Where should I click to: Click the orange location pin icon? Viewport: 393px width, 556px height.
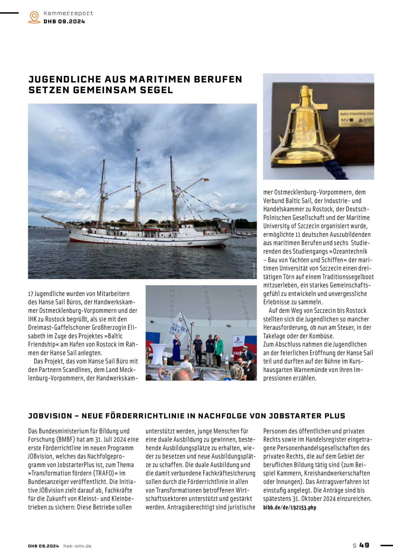34,17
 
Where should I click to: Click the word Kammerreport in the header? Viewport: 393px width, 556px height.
68,13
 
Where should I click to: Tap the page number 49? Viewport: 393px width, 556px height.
364,545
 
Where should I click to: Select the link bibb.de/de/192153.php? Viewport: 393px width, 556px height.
290,507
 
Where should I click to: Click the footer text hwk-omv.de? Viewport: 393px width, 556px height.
77,546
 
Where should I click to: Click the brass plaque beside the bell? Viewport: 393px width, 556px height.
356,118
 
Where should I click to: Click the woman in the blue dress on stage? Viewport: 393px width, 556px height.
176,350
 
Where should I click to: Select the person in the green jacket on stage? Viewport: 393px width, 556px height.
218,350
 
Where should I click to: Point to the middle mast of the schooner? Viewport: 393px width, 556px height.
136,190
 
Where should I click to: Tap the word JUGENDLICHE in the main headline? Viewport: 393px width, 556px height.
65,79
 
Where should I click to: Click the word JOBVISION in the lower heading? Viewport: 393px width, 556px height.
50,416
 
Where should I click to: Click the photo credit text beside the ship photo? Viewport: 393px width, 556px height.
254,270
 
